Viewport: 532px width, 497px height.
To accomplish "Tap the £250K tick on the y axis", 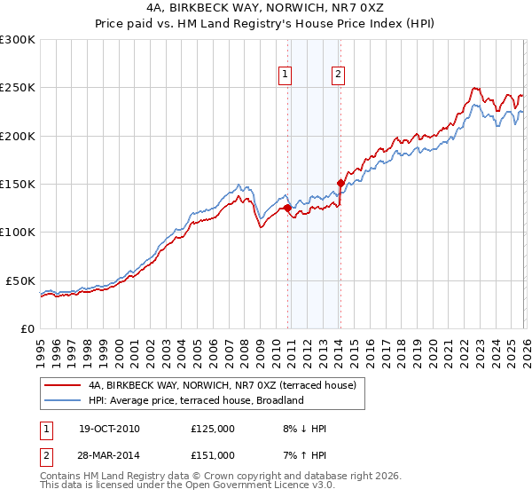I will (x=18, y=88).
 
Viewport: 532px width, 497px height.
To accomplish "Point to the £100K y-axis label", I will (x=18, y=232).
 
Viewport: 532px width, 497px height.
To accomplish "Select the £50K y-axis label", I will (x=21, y=280).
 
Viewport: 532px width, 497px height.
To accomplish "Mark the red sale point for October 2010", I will (x=287, y=209).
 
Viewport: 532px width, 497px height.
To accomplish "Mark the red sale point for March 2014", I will (x=340, y=184).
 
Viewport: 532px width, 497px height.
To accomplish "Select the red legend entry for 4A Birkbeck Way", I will (x=222, y=385).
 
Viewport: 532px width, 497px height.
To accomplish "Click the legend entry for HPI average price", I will (x=196, y=400).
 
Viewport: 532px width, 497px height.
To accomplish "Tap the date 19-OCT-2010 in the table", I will (x=108, y=429).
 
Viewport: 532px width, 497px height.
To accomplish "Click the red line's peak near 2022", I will (x=474, y=88).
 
